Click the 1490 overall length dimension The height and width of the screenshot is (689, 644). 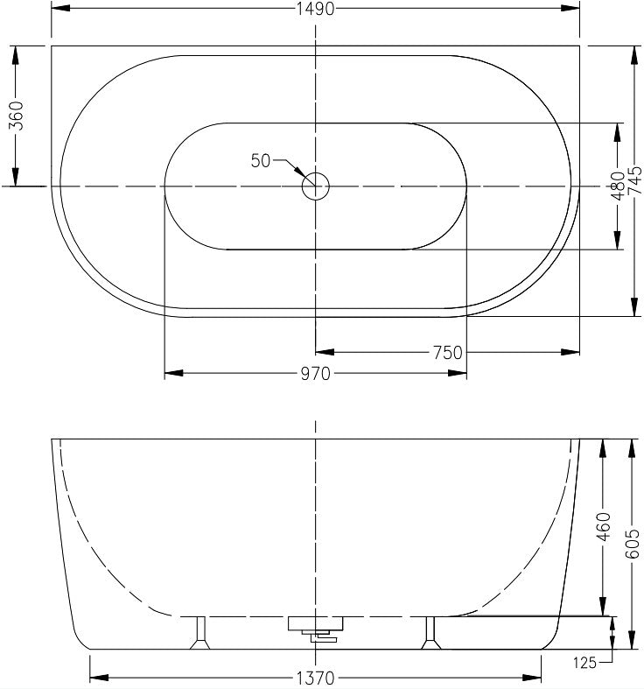tap(315, 9)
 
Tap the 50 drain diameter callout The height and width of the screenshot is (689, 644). tap(261, 160)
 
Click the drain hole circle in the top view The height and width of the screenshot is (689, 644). tap(315, 186)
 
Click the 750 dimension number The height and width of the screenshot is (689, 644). tap(447, 353)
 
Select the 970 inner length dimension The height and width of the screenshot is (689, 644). tap(315, 374)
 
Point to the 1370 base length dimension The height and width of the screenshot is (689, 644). tap(315, 678)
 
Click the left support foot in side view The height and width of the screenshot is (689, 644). tap(200, 634)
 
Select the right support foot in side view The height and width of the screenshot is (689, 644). tap(430, 634)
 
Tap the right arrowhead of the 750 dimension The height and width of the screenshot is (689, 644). tap(572, 353)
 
